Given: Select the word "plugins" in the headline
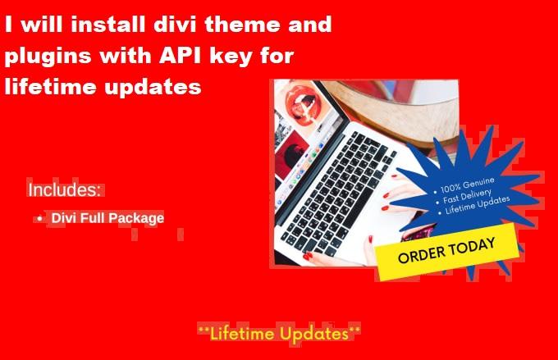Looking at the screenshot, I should tap(46, 57).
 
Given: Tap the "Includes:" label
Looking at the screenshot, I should tap(65, 190).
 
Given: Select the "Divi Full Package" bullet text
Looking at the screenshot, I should tap(107, 218).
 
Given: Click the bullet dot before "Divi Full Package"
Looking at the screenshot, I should tap(39, 219).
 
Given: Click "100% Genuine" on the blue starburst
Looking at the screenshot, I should tap(468, 183).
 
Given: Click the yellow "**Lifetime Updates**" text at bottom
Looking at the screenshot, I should tap(279, 334).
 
